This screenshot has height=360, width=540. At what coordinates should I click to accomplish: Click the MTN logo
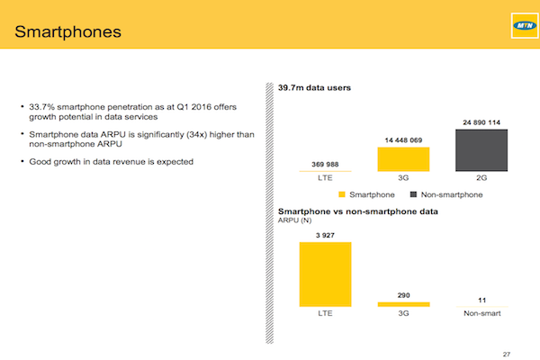coord(525,25)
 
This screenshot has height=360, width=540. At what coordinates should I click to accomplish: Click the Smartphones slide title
coord(67,31)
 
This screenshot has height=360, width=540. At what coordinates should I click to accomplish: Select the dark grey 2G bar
coord(481,150)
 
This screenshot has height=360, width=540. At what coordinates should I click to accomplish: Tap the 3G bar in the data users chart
coord(403,159)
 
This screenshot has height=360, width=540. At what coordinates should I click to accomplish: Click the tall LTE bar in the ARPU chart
coord(326,274)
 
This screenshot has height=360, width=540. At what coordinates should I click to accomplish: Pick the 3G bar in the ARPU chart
coord(403,304)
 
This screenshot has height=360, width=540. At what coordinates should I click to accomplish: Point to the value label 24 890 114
coord(481,122)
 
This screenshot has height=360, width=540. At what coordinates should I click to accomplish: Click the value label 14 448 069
coord(403,140)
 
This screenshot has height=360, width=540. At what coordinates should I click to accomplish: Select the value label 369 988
coord(325,165)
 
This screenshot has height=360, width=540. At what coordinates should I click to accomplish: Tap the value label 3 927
coord(325,235)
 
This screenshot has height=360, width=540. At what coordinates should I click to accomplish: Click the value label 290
coord(403,295)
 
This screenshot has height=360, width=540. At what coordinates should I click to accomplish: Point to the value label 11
coord(481,301)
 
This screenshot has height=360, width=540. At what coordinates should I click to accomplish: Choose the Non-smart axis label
coord(481,313)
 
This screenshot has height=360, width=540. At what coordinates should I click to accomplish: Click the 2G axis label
coord(481,178)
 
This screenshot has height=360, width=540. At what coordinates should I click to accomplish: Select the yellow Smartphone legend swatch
coord(342,194)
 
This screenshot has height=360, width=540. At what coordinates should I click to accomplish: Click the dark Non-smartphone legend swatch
coord(413,194)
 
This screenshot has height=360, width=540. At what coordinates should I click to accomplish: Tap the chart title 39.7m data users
coord(314,88)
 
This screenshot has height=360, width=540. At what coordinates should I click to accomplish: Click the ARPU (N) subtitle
coord(295,220)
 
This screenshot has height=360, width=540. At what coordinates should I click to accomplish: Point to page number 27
coord(506,354)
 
